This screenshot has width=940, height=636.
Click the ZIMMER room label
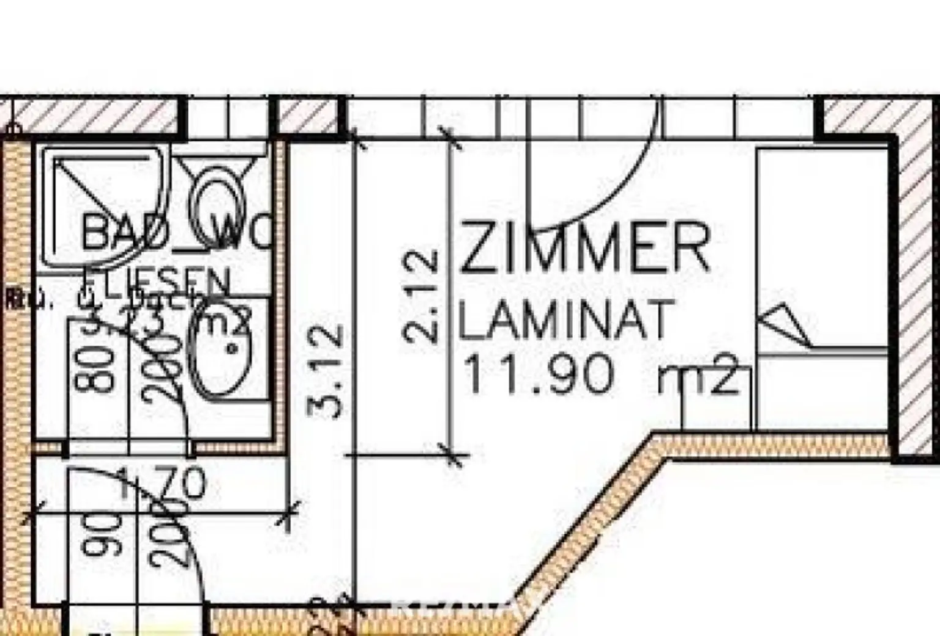coord(584,248)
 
